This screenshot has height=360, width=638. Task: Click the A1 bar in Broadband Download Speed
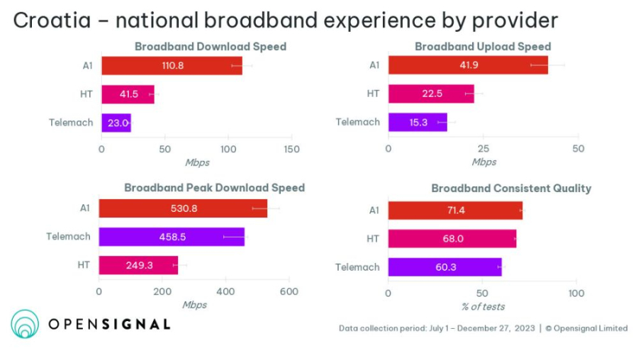(x=172, y=65)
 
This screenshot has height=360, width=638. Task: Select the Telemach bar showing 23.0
(x=116, y=123)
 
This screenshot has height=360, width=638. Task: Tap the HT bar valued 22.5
(x=430, y=94)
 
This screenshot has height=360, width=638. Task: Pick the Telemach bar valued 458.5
(x=171, y=237)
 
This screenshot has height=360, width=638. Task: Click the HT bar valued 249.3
(x=138, y=265)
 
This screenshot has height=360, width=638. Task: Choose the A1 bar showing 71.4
(x=454, y=210)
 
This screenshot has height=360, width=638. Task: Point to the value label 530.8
(x=183, y=208)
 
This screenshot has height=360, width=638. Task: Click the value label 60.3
(x=444, y=267)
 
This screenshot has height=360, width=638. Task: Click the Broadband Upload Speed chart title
(x=483, y=47)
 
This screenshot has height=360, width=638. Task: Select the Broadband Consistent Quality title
(x=511, y=189)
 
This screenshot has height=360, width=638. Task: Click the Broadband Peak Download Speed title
(x=214, y=188)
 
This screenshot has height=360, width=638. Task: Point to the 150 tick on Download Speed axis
(x=291, y=150)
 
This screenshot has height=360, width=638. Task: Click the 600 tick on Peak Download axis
(x=288, y=291)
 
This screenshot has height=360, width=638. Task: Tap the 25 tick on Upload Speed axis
(x=483, y=150)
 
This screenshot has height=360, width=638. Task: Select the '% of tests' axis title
(x=483, y=306)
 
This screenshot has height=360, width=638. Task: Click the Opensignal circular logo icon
(x=25, y=324)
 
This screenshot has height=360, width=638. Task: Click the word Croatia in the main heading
(x=52, y=21)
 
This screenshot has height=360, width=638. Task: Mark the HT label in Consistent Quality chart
(x=373, y=239)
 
